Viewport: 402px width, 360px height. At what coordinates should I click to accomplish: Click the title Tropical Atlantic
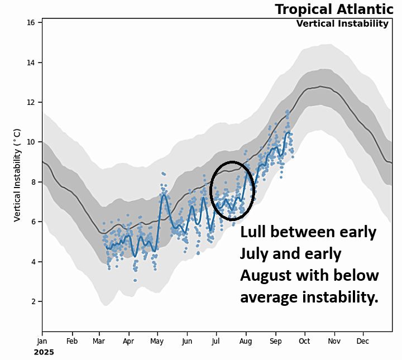334,9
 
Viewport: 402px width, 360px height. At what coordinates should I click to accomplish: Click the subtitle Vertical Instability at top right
342,23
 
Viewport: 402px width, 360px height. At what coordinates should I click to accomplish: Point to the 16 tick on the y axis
31,22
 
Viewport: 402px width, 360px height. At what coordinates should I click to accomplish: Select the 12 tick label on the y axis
31,102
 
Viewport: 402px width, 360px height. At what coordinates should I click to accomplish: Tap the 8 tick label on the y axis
33,182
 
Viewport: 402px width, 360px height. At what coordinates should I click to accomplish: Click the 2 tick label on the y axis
33,301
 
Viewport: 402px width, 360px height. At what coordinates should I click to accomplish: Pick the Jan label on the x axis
42,340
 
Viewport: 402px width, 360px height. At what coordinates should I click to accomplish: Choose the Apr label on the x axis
128,340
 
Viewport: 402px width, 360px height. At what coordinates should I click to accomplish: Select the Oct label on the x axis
304,340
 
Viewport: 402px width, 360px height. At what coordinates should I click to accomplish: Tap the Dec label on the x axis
363,340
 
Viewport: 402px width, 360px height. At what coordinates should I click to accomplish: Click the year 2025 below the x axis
44,352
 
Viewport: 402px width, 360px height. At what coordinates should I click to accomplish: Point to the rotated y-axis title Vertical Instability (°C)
17,175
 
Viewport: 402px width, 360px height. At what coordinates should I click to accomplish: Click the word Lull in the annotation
257,232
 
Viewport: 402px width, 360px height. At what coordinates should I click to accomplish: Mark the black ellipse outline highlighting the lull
232,162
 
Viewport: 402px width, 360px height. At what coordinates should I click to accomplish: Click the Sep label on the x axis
275,340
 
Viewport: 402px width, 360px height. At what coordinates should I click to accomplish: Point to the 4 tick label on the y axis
33,262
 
